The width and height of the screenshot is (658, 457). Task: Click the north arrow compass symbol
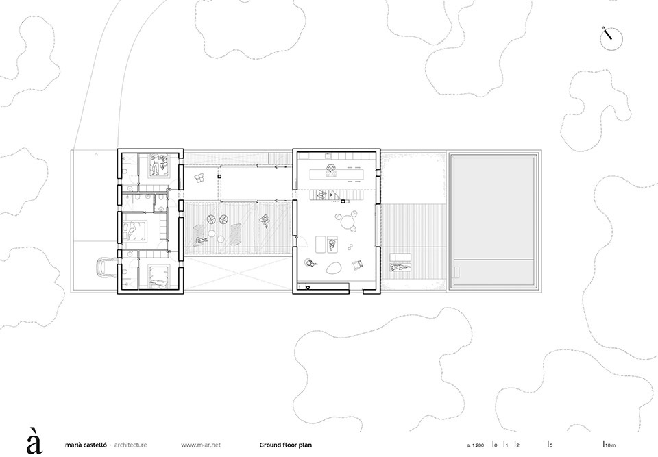tap(611, 38)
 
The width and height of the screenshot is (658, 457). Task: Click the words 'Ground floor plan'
tap(285, 445)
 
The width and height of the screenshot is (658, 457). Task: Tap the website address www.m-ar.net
tap(201, 445)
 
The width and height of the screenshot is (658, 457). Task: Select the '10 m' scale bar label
tap(611, 445)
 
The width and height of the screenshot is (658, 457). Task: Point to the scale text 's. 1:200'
tap(475, 445)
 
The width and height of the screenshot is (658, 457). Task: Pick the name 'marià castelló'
tap(86, 445)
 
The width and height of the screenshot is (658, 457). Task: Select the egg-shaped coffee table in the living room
tap(333, 268)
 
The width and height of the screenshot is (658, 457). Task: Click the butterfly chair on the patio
tap(199, 178)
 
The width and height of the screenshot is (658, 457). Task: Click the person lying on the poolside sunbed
tap(400, 267)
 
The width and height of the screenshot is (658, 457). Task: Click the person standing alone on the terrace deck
tap(265, 221)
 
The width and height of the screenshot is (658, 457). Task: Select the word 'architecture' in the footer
tap(130, 445)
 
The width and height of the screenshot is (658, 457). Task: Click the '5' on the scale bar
tap(551, 445)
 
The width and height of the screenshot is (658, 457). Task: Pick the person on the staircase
tap(322, 195)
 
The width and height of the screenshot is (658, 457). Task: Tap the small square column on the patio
tap(219, 178)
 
